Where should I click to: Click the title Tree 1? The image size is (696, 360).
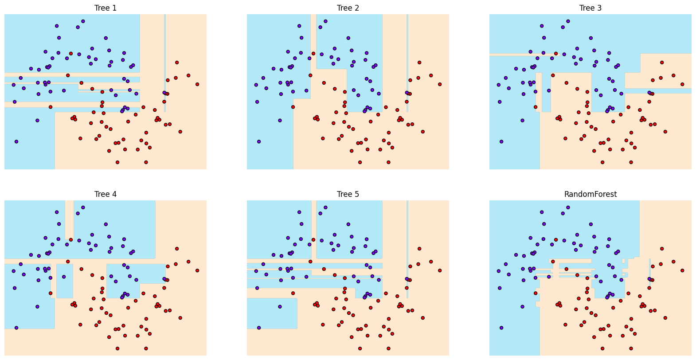[x=106, y=8]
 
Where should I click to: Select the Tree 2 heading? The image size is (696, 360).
[x=348, y=8]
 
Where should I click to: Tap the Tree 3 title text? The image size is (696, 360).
[x=590, y=8]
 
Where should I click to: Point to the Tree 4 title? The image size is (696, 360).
[x=106, y=194]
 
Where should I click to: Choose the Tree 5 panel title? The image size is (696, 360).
[x=348, y=194]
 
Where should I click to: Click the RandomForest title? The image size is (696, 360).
[x=590, y=194]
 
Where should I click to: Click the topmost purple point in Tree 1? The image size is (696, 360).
[x=83, y=21]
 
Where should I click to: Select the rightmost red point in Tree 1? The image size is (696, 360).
[x=197, y=84]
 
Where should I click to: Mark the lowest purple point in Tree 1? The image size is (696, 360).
[x=16, y=141]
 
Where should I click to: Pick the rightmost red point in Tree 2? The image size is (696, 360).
[x=440, y=84]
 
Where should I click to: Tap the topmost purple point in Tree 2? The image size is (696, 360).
[x=325, y=21]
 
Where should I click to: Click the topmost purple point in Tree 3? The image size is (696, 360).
[x=568, y=21]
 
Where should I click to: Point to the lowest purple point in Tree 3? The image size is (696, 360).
[x=501, y=141]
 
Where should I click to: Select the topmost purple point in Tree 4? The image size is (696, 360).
[x=83, y=207]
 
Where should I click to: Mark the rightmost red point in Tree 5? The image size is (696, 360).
[x=440, y=270]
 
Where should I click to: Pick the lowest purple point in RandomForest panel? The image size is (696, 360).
[x=501, y=328]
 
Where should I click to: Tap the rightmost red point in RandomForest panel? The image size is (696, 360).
[x=682, y=270]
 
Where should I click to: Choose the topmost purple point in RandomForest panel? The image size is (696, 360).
[x=568, y=207]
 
